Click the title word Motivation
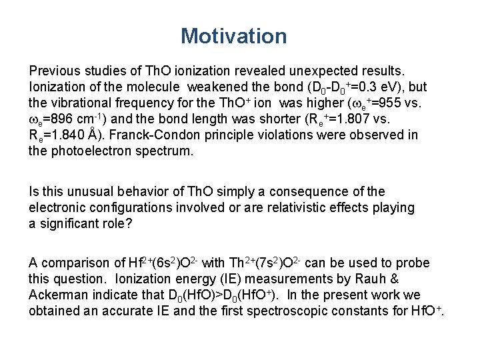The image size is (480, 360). pos(233,36)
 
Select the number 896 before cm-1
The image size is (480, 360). pos(69,119)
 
